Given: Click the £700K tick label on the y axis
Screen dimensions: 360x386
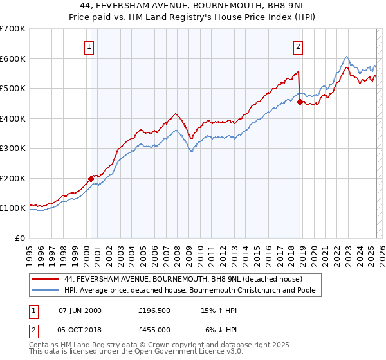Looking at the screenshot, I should click(13, 29).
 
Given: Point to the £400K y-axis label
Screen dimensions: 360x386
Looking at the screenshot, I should click(13, 118).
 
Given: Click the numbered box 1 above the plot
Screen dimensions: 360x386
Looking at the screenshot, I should click(88, 46).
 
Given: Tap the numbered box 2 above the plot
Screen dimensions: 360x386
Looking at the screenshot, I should click(299, 46).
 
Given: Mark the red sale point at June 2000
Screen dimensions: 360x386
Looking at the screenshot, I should click(91, 179).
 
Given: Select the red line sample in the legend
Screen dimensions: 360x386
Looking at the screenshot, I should click(46, 279).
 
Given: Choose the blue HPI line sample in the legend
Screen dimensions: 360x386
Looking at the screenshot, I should click(46, 290).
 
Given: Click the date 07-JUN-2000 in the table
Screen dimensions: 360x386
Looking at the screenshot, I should click(80, 310).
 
